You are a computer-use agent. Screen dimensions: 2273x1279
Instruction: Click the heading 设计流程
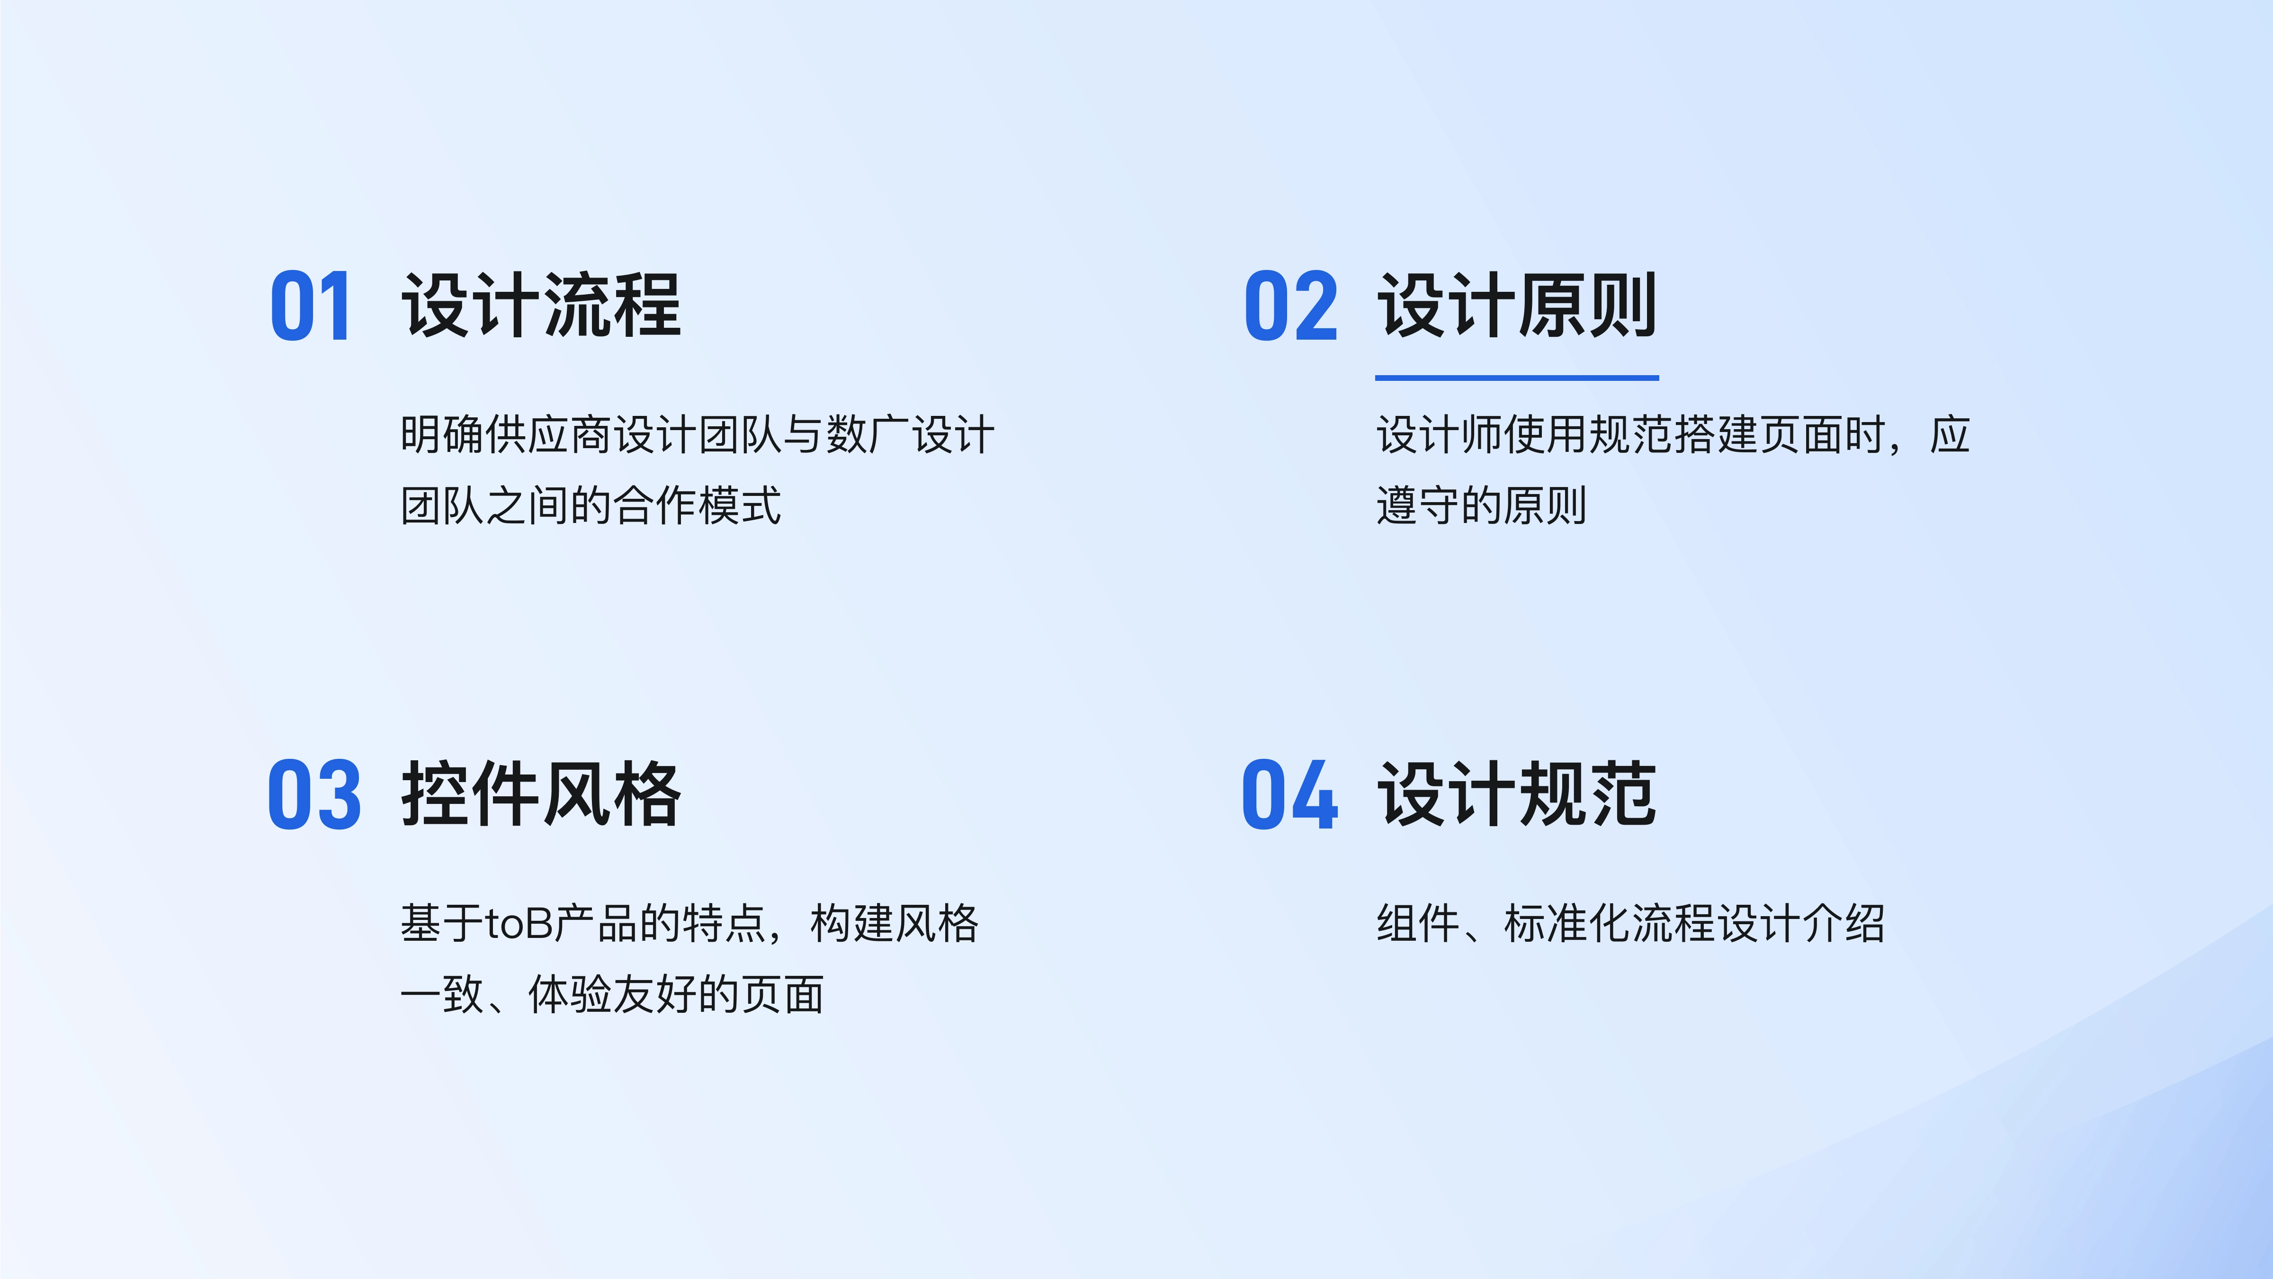point(541,306)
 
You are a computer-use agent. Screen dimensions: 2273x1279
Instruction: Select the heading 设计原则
point(1517,306)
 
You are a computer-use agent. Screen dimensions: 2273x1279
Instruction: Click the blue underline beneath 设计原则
point(1517,378)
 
